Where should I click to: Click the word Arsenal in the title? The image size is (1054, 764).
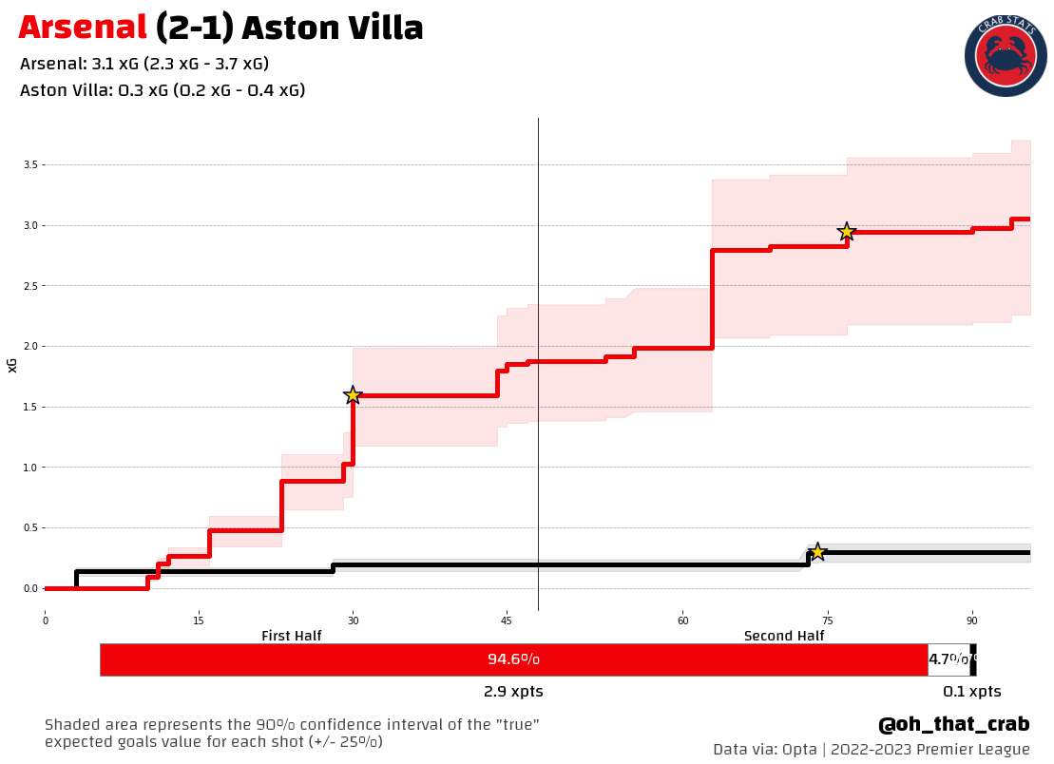83,29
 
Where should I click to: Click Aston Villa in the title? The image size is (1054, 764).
332,29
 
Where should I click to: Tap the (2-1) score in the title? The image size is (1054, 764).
194,29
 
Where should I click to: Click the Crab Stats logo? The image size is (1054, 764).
1005,56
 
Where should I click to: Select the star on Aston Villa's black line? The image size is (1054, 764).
816,552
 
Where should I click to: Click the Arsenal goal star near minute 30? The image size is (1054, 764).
353,395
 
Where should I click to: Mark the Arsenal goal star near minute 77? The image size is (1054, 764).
847,232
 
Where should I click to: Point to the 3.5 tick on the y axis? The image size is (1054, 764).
30,165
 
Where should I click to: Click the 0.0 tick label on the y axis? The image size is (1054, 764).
30,589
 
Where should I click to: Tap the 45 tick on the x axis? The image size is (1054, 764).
507,621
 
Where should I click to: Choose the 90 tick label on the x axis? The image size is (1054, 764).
972,621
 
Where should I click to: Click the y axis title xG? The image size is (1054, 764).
12,365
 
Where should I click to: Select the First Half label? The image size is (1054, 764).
291,636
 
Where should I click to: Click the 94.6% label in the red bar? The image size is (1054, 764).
513,659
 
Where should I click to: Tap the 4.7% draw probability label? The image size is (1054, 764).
948,659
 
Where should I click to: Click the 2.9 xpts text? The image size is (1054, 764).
513,692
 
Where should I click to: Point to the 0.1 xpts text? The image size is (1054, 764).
971,692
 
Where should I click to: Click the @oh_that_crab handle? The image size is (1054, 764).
953,725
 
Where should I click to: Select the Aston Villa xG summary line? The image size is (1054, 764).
163,91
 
